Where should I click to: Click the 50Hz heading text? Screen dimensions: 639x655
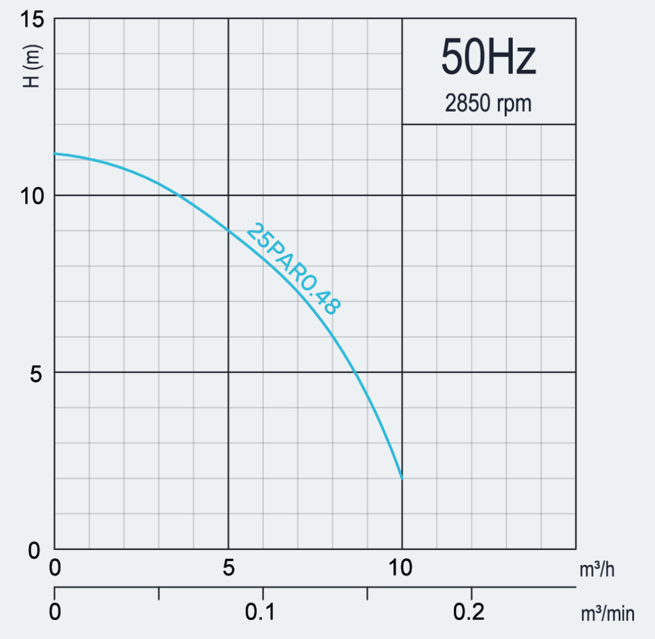point(488,57)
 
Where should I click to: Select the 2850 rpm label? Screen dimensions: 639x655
point(488,104)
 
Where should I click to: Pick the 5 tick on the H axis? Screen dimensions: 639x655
point(35,373)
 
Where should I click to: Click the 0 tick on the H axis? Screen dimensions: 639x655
point(35,550)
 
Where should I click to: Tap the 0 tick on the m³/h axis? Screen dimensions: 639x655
point(55,568)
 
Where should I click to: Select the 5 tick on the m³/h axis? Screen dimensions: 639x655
point(228,568)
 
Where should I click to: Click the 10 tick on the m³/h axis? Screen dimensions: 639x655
point(402,568)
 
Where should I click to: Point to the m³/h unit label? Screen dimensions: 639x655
point(597,570)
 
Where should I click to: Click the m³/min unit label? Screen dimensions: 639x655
point(607,613)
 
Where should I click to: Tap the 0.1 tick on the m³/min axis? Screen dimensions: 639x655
point(262,612)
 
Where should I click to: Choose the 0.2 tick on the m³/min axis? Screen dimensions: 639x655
point(470,612)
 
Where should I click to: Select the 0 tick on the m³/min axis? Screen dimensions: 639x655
point(55,612)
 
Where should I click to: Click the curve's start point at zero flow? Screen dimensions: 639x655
point(55,153)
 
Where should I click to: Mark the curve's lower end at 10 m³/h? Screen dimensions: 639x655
point(402,478)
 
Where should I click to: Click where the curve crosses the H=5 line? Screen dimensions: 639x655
point(355,372)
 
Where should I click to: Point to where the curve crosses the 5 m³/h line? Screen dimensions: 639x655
point(228,230)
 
